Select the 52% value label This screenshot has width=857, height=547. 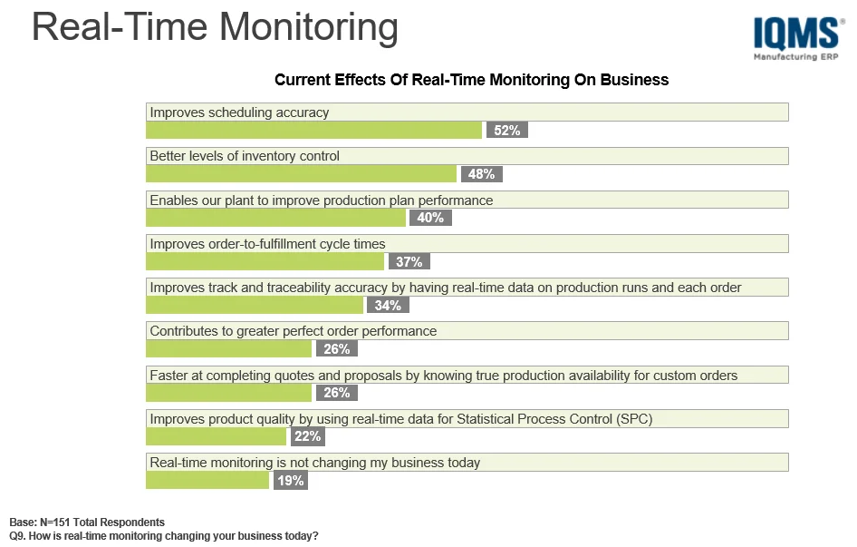click(x=506, y=131)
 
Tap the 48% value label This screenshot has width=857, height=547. click(x=481, y=174)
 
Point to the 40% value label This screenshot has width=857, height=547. click(x=430, y=218)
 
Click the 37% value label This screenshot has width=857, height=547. click(x=409, y=262)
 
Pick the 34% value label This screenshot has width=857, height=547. click(x=388, y=306)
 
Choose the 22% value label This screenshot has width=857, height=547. click(x=306, y=436)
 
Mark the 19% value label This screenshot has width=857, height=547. click(x=290, y=481)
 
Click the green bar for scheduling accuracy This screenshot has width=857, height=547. click(x=313, y=131)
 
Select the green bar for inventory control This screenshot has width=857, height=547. click(x=301, y=174)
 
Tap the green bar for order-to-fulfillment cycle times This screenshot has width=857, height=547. click(x=265, y=262)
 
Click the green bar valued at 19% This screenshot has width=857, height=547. click(x=207, y=481)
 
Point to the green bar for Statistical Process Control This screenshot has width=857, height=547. click(x=216, y=436)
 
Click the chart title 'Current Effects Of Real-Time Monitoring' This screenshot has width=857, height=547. click(x=471, y=80)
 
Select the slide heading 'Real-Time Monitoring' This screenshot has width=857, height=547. click(x=215, y=27)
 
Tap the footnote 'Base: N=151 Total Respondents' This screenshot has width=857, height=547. click(x=87, y=523)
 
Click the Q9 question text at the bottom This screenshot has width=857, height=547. click(x=164, y=536)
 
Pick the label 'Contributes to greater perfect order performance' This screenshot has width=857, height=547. click(x=293, y=331)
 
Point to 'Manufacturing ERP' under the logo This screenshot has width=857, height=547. click(x=795, y=57)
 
